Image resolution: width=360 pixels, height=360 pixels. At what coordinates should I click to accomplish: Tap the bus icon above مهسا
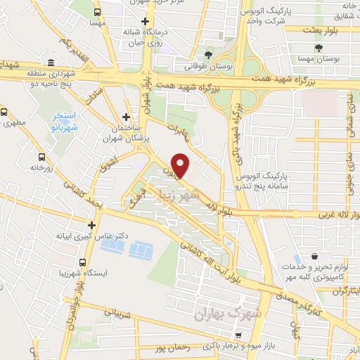tap(96, 11)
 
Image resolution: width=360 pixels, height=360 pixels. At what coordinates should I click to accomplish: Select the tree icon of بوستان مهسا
tap(320, 49)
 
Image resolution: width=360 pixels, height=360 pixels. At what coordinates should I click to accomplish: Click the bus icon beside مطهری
tap(5, 111)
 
